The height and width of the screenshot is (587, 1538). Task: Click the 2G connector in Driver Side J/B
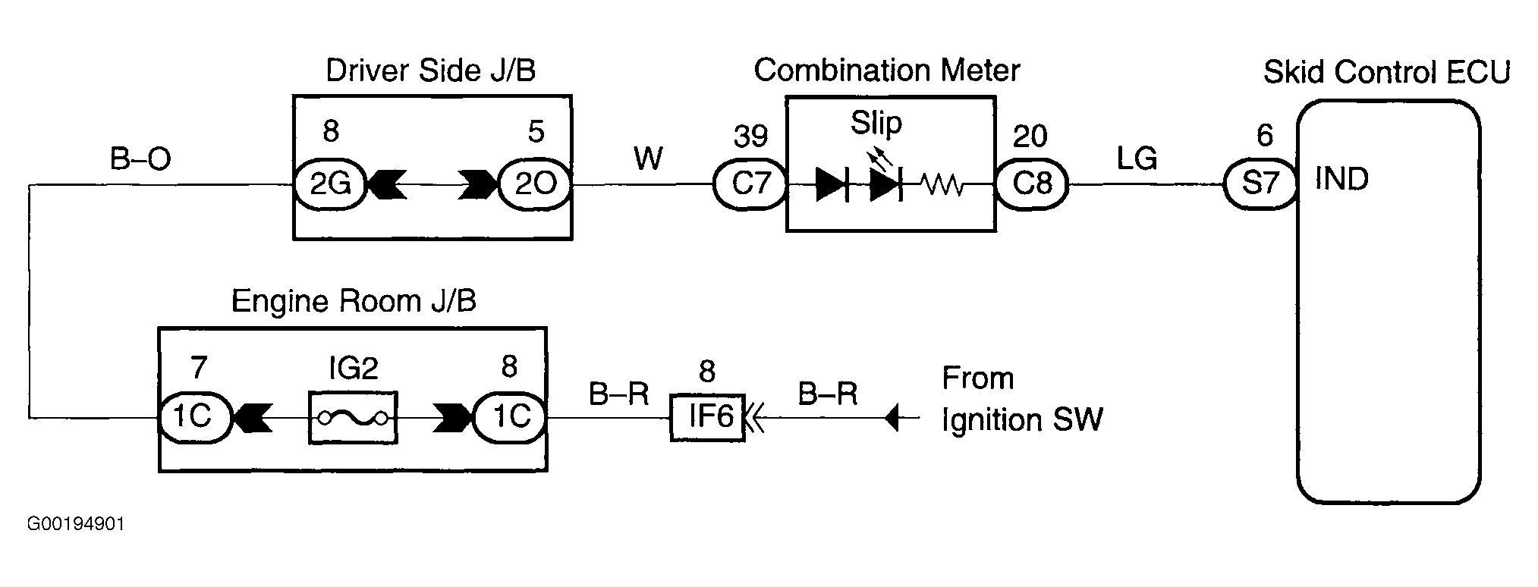(329, 184)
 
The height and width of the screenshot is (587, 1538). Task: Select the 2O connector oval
(535, 184)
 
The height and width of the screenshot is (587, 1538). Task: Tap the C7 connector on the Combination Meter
(750, 184)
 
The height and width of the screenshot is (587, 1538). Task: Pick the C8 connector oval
(1031, 184)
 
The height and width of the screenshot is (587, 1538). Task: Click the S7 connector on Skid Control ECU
(1260, 184)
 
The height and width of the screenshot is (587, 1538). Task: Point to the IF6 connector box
(707, 416)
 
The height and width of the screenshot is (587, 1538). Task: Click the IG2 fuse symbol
(353, 417)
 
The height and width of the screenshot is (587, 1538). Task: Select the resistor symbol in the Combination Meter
(942, 184)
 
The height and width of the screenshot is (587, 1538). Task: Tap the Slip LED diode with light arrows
(885, 179)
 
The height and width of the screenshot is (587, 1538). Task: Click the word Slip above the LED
(876, 123)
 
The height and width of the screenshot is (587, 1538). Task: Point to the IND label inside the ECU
(1341, 179)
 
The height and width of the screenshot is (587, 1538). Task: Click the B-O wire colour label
(141, 159)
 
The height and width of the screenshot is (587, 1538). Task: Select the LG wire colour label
(1136, 159)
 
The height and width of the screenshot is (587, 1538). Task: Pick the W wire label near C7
(648, 159)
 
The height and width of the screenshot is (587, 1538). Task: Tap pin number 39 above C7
(750, 137)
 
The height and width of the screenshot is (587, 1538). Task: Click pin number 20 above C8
(1030, 137)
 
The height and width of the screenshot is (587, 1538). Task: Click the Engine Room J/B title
(354, 301)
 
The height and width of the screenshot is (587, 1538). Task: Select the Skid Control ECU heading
(1386, 72)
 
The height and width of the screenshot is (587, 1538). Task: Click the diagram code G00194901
(76, 525)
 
